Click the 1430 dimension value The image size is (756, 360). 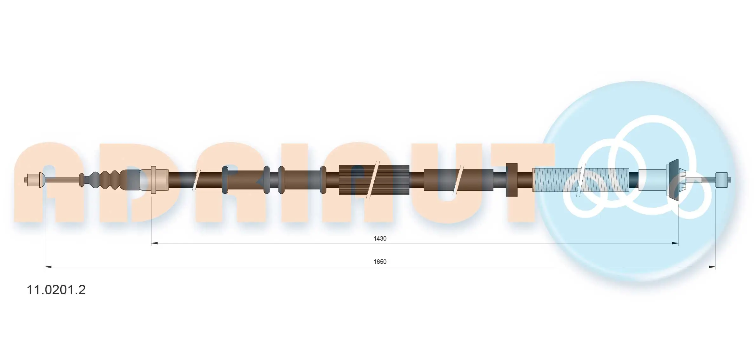pos(380,238)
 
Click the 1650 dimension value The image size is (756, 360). pos(380,262)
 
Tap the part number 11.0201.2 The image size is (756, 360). pos(56,290)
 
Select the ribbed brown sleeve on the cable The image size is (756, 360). pos(374,180)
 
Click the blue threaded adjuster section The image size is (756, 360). pos(580,180)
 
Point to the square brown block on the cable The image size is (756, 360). pos(512,180)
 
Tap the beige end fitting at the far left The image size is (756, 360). pos(35,180)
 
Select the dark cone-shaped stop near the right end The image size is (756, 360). pos(674,180)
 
